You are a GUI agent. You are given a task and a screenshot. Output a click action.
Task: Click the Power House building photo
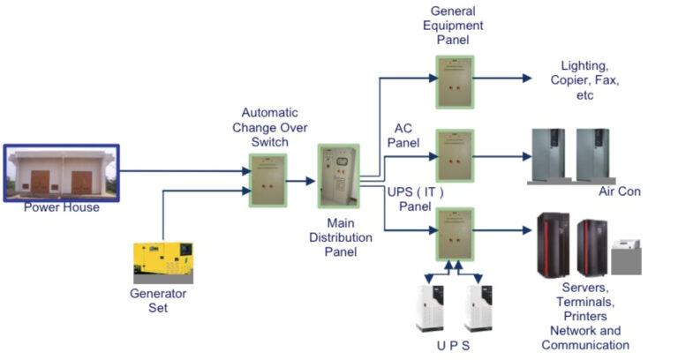click(60, 173)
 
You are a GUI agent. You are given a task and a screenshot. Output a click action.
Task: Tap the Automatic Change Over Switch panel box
click(267, 179)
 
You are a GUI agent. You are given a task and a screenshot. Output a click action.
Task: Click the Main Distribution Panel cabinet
click(338, 188)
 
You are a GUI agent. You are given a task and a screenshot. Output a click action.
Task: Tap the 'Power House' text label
click(60, 208)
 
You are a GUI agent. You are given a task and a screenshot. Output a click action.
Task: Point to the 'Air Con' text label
click(618, 191)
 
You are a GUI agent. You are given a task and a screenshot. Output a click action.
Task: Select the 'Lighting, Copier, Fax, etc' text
click(590, 80)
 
